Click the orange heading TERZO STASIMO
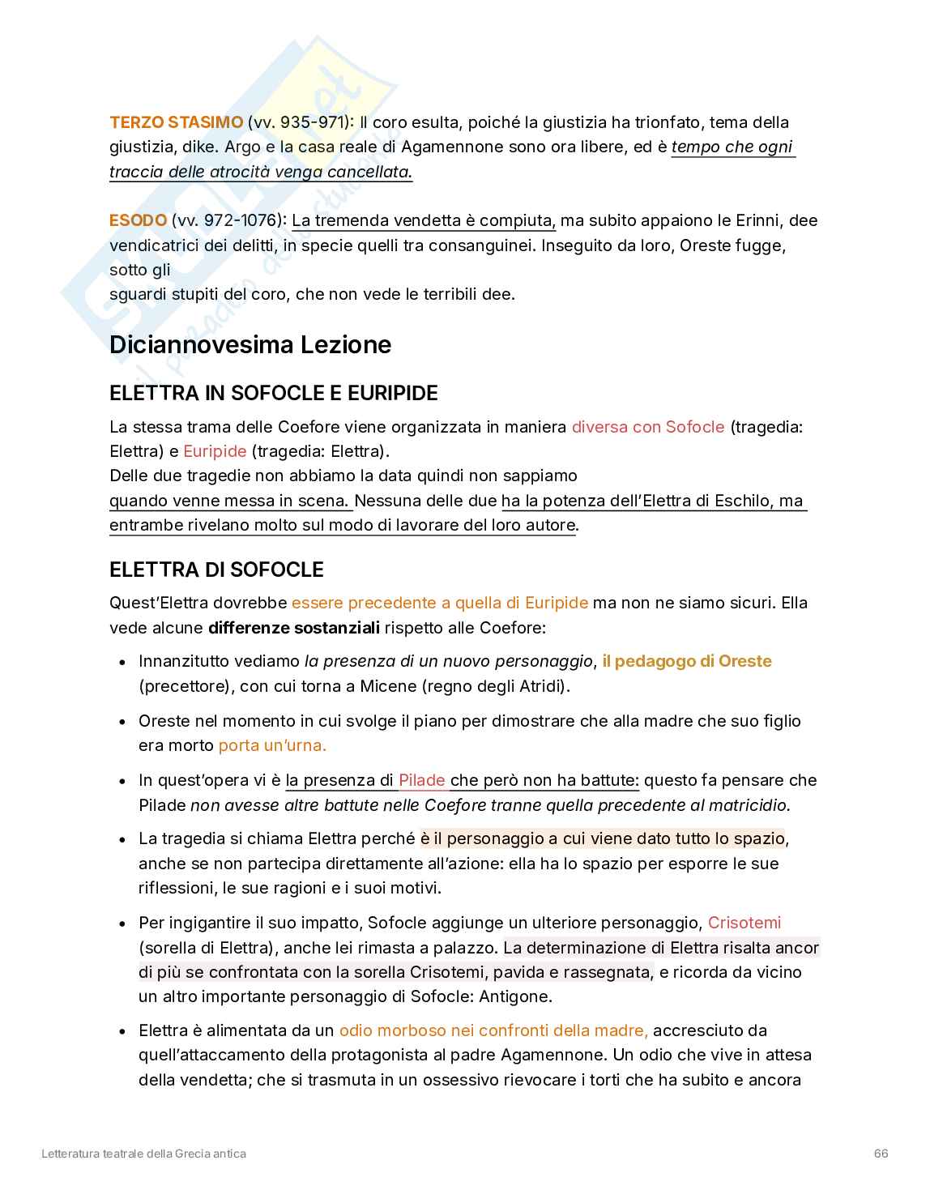tap(176, 122)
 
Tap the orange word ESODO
tap(138, 220)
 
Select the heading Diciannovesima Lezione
tap(250, 344)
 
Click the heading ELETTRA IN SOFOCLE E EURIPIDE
tap(273, 393)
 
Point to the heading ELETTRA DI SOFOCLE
tap(216, 570)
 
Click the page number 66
tap(881, 1153)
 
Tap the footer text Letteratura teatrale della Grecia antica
tap(143, 1153)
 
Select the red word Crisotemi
tap(744, 923)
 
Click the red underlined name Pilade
tap(421, 780)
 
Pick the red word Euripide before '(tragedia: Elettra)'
tap(215, 451)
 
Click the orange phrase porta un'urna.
tap(272, 745)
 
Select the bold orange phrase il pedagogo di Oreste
tap(686, 661)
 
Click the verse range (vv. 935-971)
tap(301, 122)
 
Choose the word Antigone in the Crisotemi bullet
tap(515, 996)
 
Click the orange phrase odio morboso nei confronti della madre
tap(493, 1030)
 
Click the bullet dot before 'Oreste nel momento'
tap(122, 721)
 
